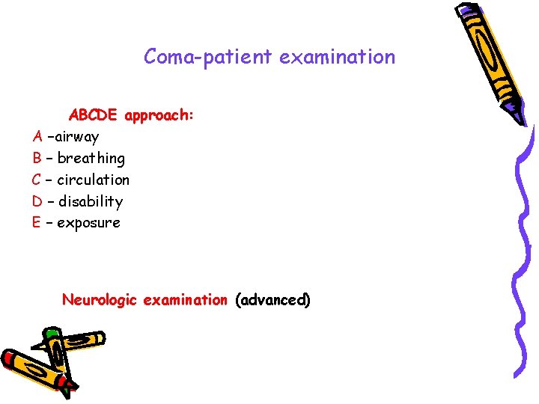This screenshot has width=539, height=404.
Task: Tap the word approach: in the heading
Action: pyautogui.click(x=159, y=115)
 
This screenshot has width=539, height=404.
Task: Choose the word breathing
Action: pyautogui.click(x=91, y=159)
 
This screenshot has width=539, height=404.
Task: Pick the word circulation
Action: pyautogui.click(x=93, y=180)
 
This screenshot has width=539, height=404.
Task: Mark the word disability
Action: pyautogui.click(x=90, y=202)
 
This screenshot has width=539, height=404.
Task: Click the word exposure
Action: pyautogui.click(x=88, y=224)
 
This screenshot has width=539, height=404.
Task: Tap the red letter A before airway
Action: pyautogui.click(x=37, y=137)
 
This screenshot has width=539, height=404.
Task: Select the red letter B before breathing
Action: pyautogui.click(x=37, y=159)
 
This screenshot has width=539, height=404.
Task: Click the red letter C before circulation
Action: pyautogui.click(x=36, y=180)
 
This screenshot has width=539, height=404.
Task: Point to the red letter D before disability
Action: pyautogui.click(x=37, y=202)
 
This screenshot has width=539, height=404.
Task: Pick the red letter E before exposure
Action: pyautogui.click(x=36, y=224)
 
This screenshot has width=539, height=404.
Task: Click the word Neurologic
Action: pyautogui.click(x=100, y=300)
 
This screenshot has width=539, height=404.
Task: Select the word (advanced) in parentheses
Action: pyautogui.click(x=272, y=300)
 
